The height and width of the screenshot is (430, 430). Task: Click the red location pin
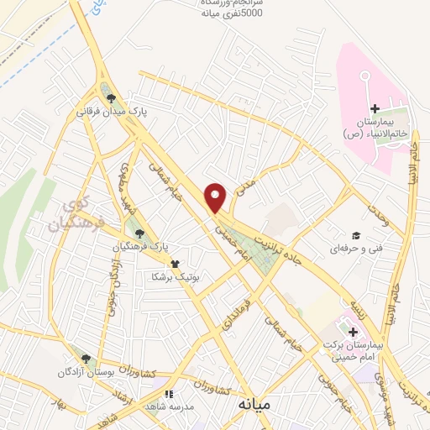tap(217, 197)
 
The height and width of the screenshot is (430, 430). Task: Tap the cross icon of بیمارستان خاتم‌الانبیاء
tap(375, 108)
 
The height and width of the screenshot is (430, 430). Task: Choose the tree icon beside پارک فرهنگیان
tap(139, 234)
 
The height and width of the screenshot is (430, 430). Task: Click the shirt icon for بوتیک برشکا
tap(175, 263)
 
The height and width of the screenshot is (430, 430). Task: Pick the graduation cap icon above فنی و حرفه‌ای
tap(355, 236)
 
